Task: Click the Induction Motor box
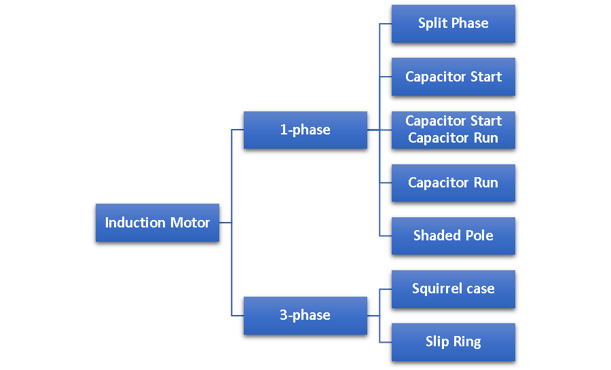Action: click(157, 223)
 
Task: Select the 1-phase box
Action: click(305, 130)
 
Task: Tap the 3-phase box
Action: click(305, 315)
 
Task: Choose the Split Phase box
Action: click(453, 24)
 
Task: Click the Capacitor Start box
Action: click(453, 77)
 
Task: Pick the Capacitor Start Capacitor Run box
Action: click(453, 130)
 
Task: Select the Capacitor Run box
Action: click(453, 183)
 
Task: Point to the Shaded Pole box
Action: click(453, 236)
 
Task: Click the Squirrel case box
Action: click(453, 289)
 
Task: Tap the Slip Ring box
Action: click(453, 341)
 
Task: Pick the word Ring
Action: click(467, 341)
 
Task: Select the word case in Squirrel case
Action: click(480, 289)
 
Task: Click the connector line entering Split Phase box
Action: click(386, 24)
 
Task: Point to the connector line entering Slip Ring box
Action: click(386, 341)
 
